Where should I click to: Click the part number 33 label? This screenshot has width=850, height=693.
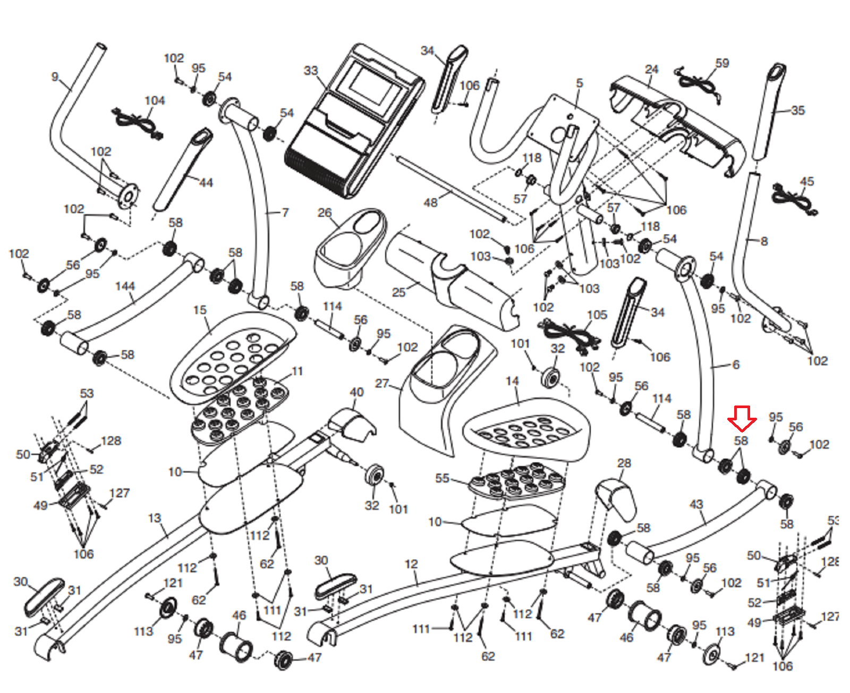point(311,71)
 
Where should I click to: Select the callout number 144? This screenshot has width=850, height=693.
point(125,286)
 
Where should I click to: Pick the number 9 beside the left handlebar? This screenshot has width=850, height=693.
point(55,77)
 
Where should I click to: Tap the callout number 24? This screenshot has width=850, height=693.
point(652,69)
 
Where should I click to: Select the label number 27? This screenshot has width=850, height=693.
point(382,383)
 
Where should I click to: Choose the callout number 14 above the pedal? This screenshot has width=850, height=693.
point(512,381)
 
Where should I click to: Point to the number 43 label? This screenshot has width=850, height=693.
point(696,504)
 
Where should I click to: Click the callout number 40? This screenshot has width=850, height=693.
point(356,392)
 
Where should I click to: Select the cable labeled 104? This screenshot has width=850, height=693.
point(137,123)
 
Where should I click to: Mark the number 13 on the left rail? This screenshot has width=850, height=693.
point(155,518)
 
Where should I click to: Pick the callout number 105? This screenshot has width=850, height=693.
point(597,315)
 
